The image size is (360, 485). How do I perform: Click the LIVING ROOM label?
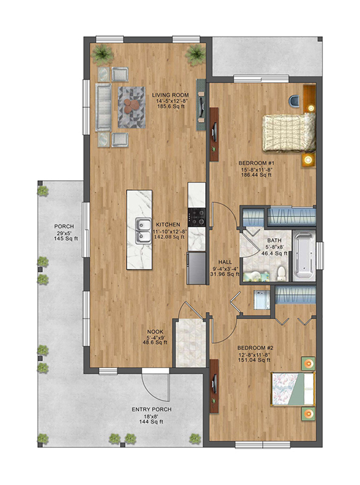pos(170,95)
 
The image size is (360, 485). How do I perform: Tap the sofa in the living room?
pos(103,106)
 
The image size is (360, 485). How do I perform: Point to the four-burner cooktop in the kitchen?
pos(197,216)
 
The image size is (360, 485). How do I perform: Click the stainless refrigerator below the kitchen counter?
pos(196,268)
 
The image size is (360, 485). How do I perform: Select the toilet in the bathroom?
pos(281,271)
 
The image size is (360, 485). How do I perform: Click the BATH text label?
pos(275,240)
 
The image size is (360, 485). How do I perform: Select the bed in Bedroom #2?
pos(292,389)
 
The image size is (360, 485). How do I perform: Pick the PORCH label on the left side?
pos(64,227)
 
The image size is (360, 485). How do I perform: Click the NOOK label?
pos(154,332)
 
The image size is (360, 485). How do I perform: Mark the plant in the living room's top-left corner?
pos(102,54)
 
